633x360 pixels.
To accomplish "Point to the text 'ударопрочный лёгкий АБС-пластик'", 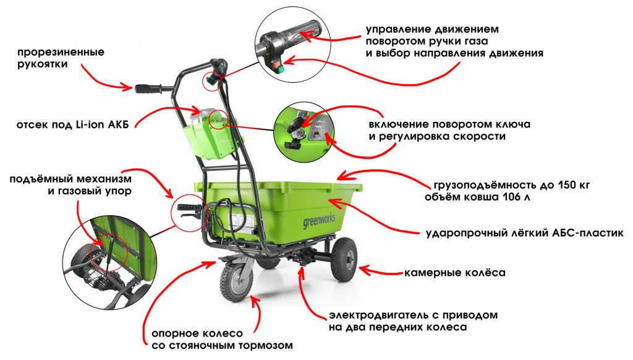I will (x=525, y=234).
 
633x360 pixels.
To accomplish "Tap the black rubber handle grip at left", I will (x=148, y=88).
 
